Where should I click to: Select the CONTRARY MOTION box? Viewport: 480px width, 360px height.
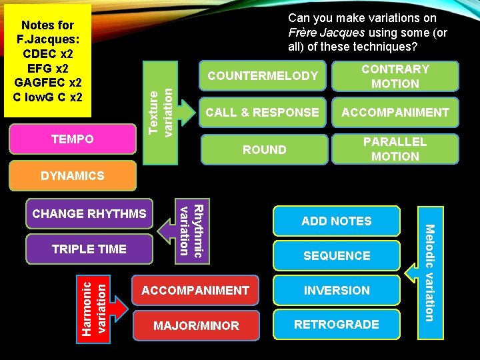tap(395, 76)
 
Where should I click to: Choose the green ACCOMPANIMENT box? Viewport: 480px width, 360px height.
tap(395, 113)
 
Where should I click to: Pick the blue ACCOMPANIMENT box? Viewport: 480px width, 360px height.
tap(195, 291)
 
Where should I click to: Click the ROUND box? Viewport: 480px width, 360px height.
tap(264, 149)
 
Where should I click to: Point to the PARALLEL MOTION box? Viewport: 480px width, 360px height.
tap(395, 149)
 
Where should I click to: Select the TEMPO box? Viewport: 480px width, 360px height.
tap(73, 139)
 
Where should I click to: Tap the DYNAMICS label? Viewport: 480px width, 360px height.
tap(73, 176)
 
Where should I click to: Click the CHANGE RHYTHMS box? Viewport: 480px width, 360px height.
tap(89, 214)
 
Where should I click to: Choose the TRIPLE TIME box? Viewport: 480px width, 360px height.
tap(89, 249)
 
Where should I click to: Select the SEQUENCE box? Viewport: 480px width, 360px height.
tap(336, 256)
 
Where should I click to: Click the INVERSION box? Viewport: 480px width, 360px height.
tap(336, 291)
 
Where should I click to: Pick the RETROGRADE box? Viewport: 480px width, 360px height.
tap(336, 325)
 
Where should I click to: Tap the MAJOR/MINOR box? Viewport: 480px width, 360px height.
tap(195, 326)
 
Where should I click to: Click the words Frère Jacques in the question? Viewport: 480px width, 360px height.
tap(326, 33)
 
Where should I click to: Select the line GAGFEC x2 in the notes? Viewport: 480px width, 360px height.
tap(47, 83)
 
